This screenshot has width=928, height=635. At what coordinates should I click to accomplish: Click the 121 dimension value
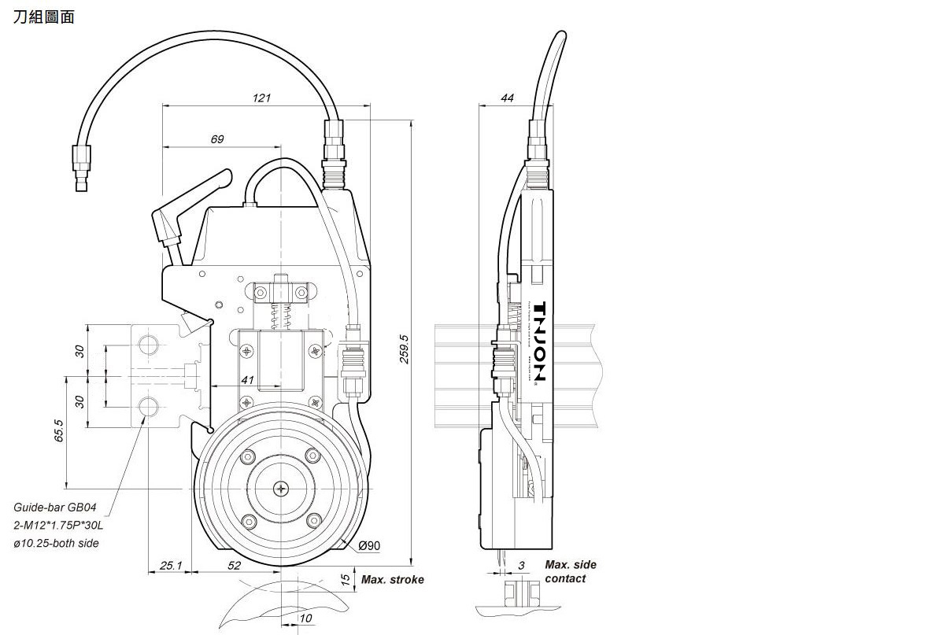(x=261, y=98)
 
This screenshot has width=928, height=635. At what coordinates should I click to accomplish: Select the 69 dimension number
(x=217, y=139)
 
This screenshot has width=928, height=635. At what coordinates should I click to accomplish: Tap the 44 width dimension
(x=507, y=98)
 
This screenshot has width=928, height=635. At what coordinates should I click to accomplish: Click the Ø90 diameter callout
(x=369, y=545)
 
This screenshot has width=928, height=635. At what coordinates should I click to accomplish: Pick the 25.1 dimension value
(x=171, y=565)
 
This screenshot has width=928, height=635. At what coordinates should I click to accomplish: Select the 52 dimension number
(x=234, y=565)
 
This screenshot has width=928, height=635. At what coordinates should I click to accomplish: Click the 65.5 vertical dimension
(x=60, y=432)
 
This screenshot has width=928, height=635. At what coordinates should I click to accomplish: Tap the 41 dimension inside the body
(x=248, y=379)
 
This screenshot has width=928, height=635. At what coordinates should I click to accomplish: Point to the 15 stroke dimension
(x=344, y=579)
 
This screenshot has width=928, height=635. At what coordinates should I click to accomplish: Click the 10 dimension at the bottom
(x=305, y=618)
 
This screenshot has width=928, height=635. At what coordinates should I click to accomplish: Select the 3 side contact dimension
(x=520, y=566)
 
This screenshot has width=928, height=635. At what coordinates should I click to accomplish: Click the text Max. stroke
(x=392, y=580)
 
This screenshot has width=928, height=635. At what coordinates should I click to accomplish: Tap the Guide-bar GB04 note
(x=55, y=508)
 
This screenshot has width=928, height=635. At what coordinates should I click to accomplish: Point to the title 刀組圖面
(x=44, y=17)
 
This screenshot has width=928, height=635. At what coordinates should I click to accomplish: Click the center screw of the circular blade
(x=282, y=489)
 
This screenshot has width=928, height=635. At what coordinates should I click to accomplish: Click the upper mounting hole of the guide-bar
(x=148, y=344)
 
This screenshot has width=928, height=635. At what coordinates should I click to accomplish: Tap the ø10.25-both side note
(x=57, y=543)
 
